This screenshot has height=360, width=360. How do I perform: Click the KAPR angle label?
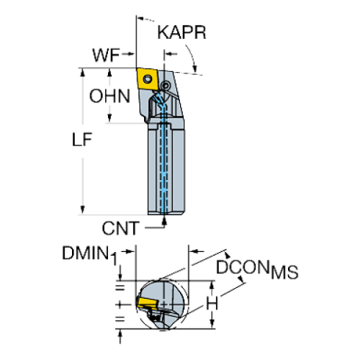point(181,33)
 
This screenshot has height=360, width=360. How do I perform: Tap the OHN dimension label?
point(109,96)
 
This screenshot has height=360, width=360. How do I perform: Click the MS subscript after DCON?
point(285,274)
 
